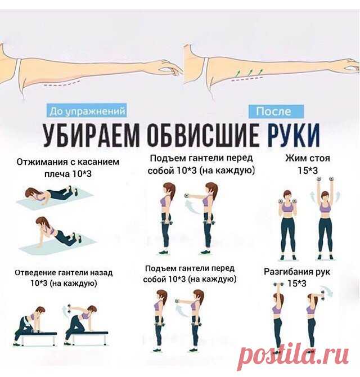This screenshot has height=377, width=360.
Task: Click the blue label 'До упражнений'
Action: (87, 111)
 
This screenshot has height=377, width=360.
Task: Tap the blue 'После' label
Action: (276, 111)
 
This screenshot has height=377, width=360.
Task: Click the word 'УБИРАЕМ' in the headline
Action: (91, 135)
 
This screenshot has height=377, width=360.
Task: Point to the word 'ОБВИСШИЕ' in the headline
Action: (203, 135)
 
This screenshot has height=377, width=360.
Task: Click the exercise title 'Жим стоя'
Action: (308, 158)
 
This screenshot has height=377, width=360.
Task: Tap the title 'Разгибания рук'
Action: (297, 272)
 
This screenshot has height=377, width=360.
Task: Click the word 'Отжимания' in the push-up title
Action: (42, 162)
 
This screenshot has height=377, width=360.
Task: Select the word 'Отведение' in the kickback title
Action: (35, 273)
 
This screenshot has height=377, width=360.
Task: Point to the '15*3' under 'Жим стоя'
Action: (308, 170)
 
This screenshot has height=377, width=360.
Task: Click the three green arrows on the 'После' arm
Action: (249, 71)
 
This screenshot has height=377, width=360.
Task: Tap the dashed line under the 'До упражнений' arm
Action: (62, 84)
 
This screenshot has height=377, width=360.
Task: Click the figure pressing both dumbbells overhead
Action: (325, 219)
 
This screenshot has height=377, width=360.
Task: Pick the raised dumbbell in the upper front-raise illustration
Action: (187, 195)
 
